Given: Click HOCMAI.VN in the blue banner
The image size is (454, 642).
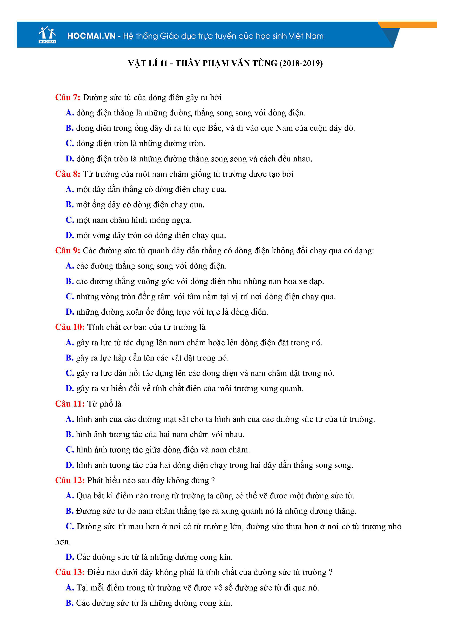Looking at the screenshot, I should coord(91,36).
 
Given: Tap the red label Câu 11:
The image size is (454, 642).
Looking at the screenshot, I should coord(70,404).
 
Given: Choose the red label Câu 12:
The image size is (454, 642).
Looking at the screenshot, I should coord(70,480).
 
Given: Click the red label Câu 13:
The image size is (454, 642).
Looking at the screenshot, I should coord(70,572).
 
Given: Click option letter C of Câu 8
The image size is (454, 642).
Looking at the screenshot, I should coord(69,220).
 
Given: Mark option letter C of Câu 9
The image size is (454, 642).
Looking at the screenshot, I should coord(69,297).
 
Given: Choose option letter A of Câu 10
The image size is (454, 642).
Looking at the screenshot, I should coord(69,343).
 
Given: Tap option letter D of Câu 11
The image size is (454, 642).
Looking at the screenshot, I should coord(69,465).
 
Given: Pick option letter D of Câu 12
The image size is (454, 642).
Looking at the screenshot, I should coord(69,557).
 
